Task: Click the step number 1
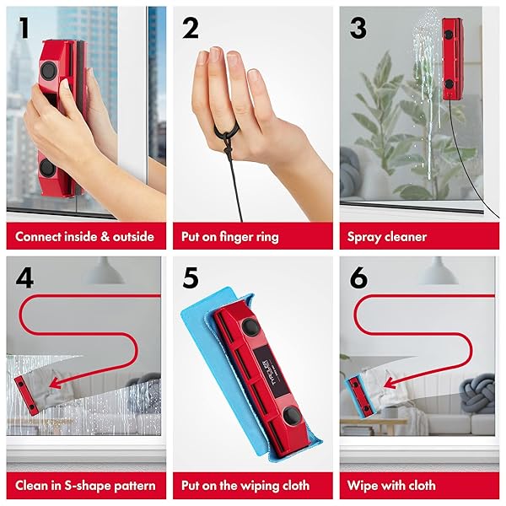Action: point(24,28)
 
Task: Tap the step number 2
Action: point(191,28)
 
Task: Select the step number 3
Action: point(358,28)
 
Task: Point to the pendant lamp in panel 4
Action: point(104,271)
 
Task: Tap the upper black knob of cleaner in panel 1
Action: point(48,71)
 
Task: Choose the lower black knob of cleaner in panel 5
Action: point(292,416)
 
